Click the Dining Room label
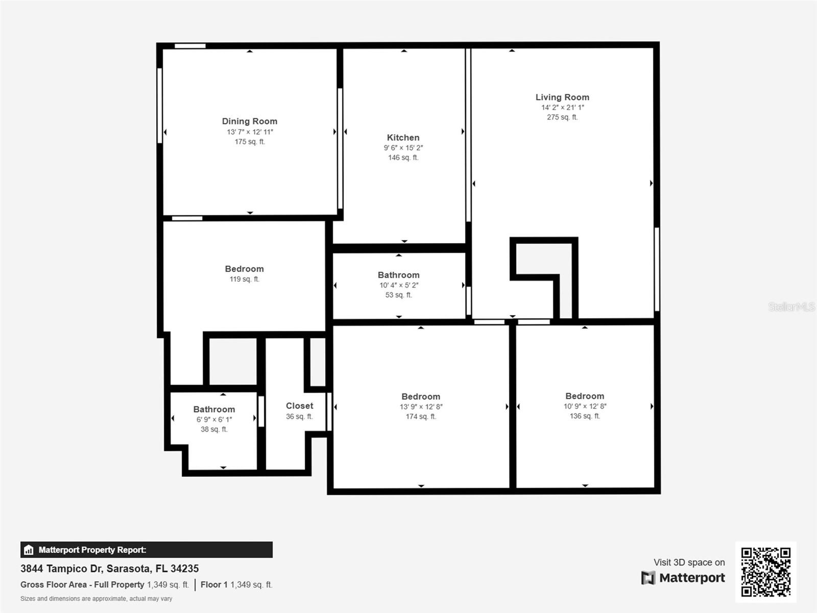250,121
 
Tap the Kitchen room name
403,137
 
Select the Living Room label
562,97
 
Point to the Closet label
299,406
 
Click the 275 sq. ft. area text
562,117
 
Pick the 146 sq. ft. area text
403,157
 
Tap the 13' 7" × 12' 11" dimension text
250,132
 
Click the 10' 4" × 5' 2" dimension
398,285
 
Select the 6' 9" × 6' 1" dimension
214,419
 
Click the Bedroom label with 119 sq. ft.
244,269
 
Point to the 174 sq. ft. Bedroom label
420,396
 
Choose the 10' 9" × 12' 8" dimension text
585,406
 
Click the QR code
765,572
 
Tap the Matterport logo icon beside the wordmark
648,578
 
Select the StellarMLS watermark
791,306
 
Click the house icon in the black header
29,550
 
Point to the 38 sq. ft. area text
214,429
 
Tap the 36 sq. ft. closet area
299,416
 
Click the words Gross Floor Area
54,584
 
